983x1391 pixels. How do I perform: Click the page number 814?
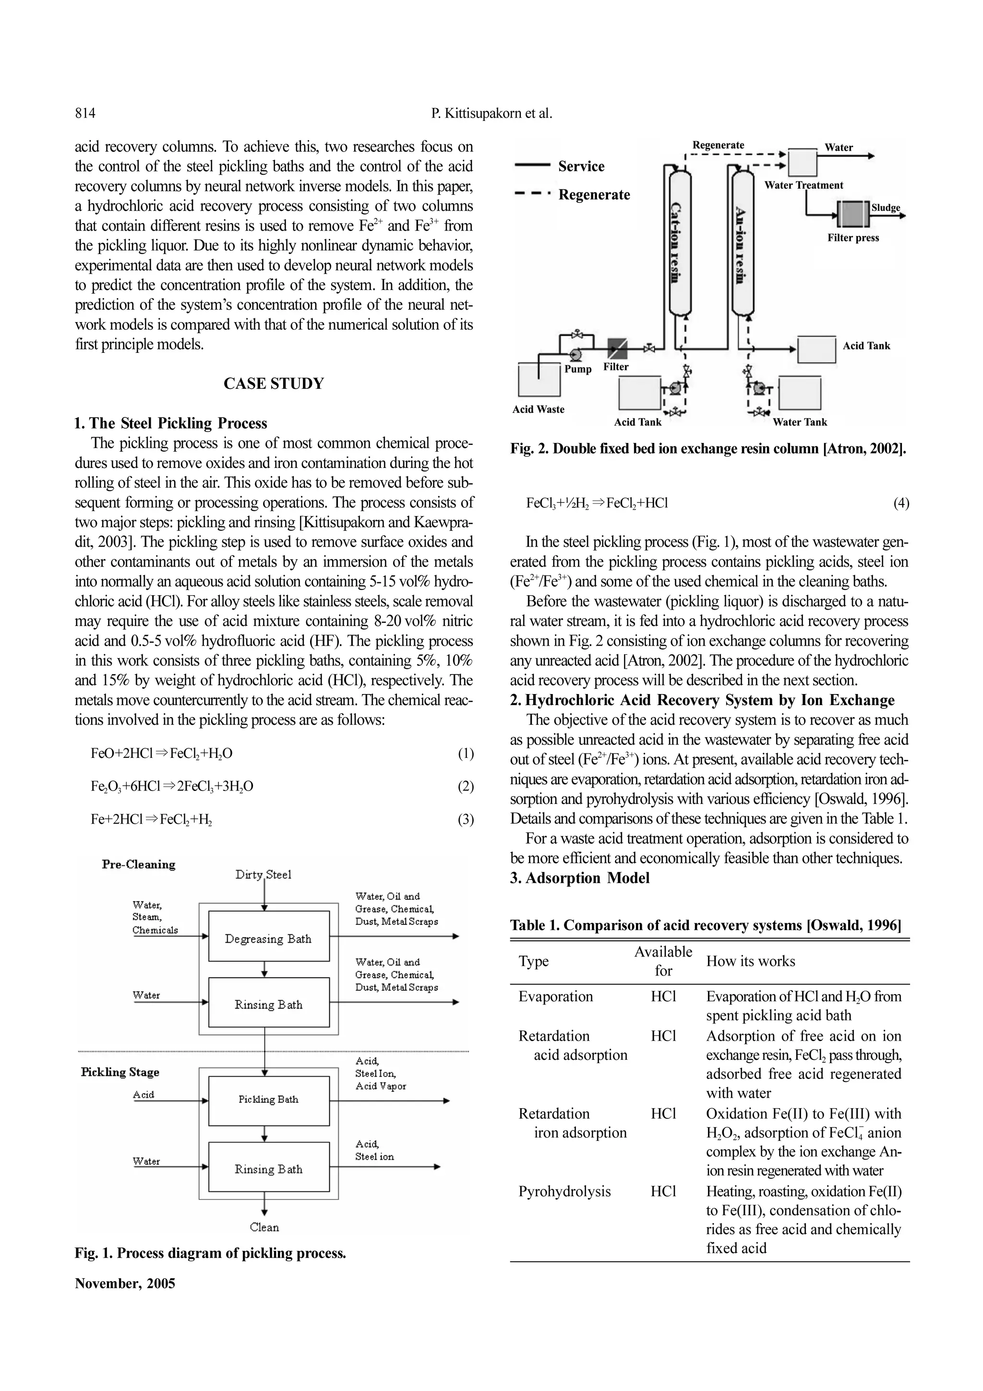(x=85, y=113)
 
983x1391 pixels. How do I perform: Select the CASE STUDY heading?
(x=274, y=384)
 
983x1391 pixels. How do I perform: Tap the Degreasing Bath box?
(x=268, y=939)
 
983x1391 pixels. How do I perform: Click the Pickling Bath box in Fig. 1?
(x=268, y=1100)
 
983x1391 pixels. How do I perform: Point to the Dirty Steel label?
(x=264, y=874)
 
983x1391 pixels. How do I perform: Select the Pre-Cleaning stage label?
(x=139, y=864)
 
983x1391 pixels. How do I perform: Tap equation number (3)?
(x=465, y=820)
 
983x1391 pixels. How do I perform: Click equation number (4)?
(x=900, y=503)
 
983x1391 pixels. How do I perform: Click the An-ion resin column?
(x=743, y=242)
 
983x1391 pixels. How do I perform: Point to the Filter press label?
(x=853, y=238)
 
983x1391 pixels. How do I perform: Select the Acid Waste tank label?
(x=538, y=409)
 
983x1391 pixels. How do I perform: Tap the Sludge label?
(x=886, y=208)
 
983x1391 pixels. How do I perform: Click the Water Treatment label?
(x=803, y=185)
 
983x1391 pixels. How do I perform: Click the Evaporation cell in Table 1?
(x=555, y=996)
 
